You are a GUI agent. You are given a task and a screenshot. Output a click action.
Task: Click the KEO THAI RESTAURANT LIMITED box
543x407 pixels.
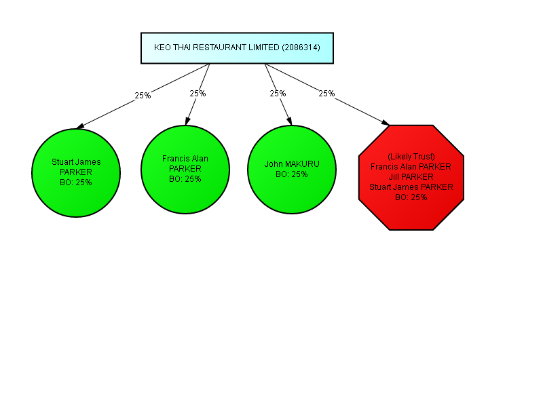tap(237, 48)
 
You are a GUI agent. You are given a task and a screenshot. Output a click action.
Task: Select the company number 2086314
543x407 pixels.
tap(301, 47)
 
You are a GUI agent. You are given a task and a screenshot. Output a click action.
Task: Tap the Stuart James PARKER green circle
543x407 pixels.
tap(76, 173)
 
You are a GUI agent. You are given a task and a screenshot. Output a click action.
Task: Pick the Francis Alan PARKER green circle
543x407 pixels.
tap(185, 170)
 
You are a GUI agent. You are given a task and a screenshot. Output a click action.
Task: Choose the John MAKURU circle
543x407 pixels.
tap(292, 170)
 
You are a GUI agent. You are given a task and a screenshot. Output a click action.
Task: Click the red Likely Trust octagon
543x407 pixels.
tap(411, 178)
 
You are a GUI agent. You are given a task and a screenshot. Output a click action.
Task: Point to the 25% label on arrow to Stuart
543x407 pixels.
tap(143, 96)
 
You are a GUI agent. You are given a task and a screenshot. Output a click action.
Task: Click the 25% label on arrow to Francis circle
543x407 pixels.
tap(198, 94)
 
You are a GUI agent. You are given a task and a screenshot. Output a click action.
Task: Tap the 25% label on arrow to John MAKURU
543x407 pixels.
tap(278, 94)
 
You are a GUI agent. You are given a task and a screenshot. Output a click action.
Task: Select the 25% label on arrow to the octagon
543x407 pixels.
tap(326, 94)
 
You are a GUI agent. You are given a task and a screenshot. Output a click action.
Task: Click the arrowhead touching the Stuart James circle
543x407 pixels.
tap(80, 126)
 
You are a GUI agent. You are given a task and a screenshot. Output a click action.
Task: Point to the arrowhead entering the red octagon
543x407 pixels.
tap(385, 123)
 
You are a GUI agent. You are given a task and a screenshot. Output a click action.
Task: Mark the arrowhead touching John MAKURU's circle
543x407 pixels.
tap(290, 121)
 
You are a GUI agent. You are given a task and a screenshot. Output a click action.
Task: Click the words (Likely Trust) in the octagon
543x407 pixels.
tap(411, 157)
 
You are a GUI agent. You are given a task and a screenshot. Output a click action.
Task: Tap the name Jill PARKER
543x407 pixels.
tap(411, 177)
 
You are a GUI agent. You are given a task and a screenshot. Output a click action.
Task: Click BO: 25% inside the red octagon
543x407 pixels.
tap(411, 197)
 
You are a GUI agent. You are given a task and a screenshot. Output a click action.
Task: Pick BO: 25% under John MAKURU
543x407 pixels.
tap(292, 174)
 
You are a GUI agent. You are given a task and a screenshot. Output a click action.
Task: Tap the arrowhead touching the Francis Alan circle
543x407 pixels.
tap(187, 121)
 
